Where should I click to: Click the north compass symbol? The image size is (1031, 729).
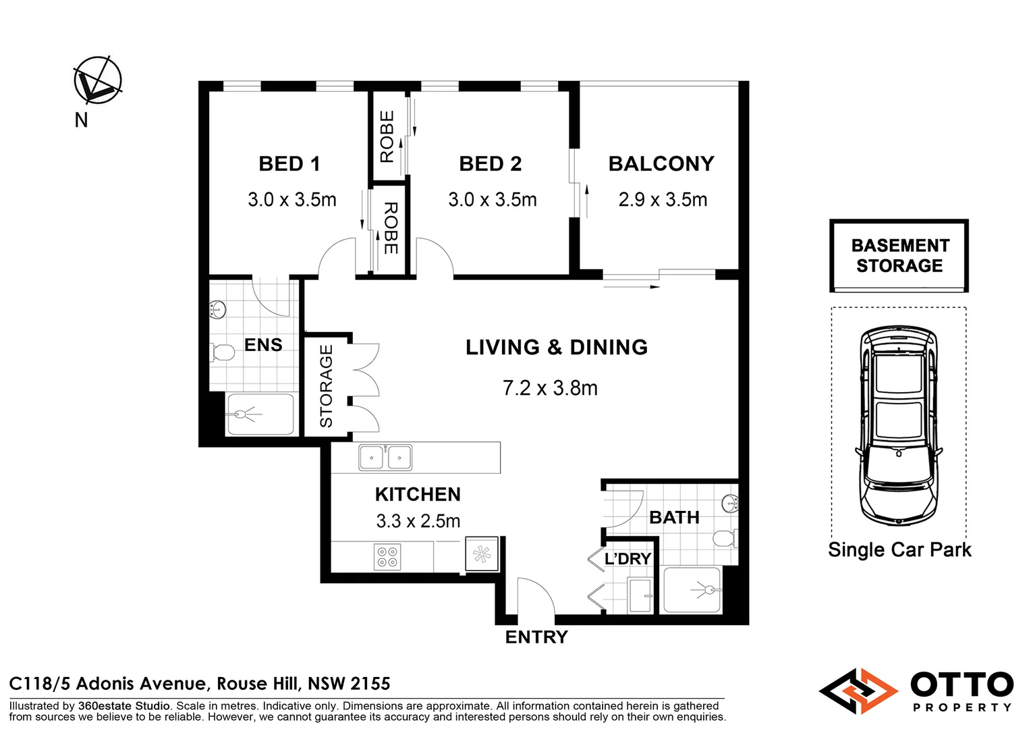[98, 80]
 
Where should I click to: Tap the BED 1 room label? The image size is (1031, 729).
[289, 163]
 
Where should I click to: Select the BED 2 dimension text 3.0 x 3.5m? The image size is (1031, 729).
[493, 199]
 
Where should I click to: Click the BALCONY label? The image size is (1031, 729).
[661, 163]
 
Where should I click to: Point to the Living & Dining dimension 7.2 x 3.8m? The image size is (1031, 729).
[550, 387]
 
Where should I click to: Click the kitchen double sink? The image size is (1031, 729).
[385, 457]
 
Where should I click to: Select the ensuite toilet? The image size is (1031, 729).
[223, 352]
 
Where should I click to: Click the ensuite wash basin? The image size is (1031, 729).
[218, 309]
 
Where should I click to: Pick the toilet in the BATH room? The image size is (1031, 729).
[725, 538]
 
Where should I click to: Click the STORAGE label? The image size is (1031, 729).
[326, 386]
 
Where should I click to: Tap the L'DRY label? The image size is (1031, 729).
[628, 559]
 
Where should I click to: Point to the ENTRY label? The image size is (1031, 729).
[536, 637]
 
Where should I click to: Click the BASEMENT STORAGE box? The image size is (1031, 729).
[899, 256]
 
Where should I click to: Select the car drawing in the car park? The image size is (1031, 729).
[899, 425]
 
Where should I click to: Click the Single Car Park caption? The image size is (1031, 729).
[899, 549]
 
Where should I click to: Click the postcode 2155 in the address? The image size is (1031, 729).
[370, 683]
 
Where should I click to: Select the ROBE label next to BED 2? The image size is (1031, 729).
[387, 136]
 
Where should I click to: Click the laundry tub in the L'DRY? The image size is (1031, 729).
[640, 595]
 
